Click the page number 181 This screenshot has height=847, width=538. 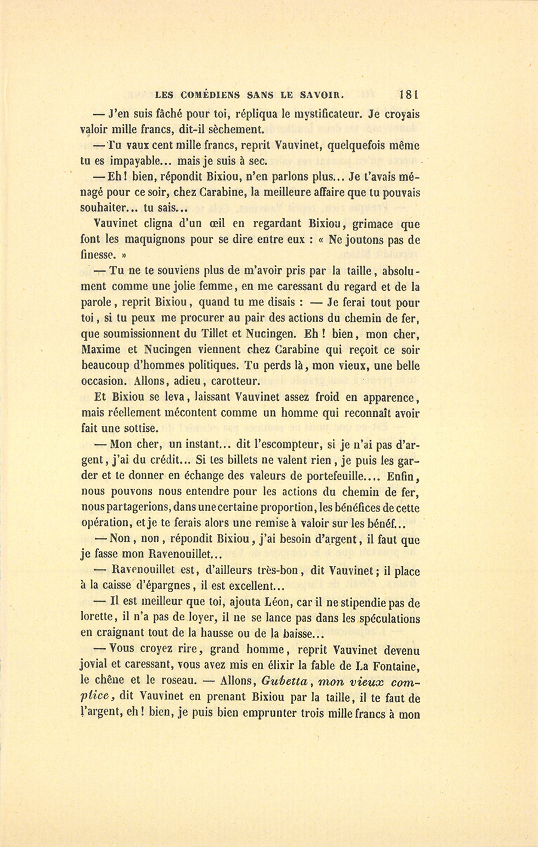click(x=409, y=94)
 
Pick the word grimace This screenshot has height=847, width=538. click(x=375, y=224)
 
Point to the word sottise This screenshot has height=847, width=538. click(x=139, y=428)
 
